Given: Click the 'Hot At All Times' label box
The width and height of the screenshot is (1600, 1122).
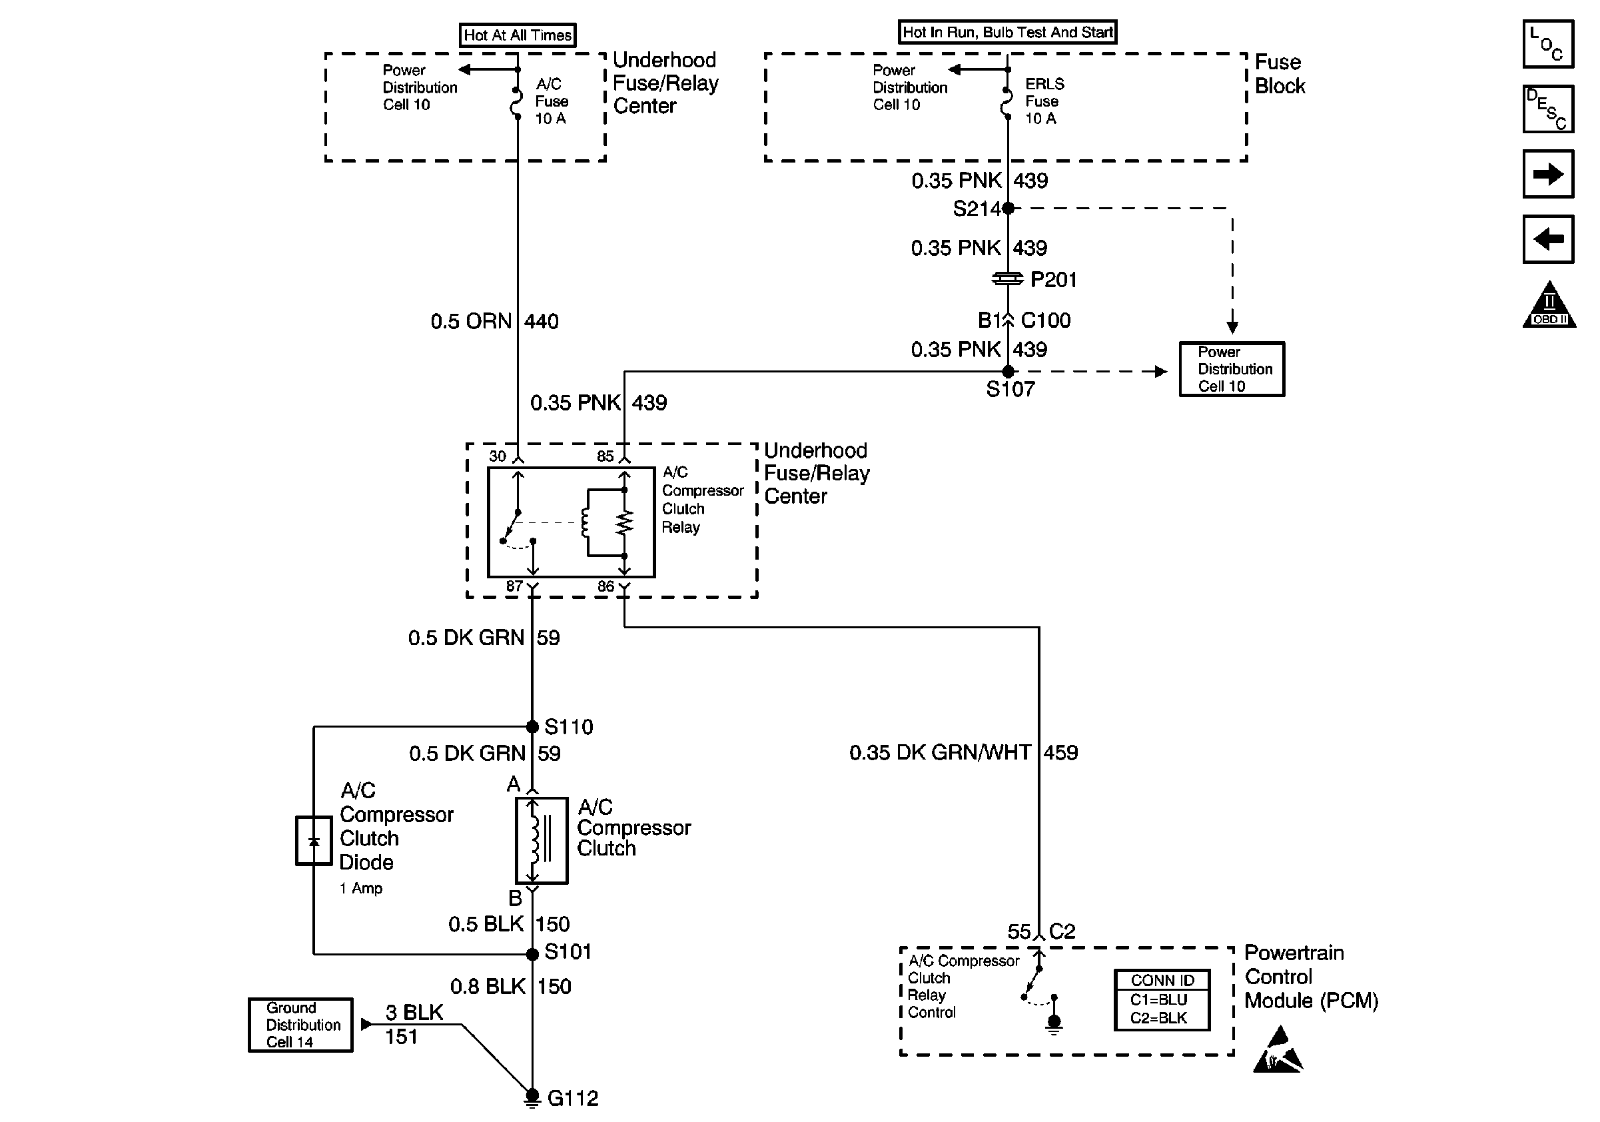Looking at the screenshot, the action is coord(518,35).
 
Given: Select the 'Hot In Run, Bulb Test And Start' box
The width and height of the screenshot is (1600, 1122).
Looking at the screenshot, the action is coord(1008,32).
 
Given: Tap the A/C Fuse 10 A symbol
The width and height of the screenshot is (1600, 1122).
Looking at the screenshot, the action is coord(517,103).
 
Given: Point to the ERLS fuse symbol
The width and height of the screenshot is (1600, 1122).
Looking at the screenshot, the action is coord(1007,103).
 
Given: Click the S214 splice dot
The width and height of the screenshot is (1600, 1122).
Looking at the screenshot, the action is coord(1008,208).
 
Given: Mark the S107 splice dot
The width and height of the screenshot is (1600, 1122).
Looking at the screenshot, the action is coord(1008,371).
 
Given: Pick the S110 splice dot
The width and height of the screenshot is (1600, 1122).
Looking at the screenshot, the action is coord(532,727).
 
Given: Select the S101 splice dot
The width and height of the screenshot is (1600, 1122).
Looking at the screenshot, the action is coord(532,954).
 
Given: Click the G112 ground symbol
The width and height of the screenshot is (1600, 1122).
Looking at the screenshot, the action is coord(532,1098).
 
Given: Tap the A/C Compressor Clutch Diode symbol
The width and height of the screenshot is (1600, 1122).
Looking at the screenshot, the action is coord(314,840).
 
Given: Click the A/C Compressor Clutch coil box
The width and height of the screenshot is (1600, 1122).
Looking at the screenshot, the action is coord(542,840).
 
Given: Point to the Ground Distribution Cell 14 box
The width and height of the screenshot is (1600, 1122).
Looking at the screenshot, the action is coord(300,1025).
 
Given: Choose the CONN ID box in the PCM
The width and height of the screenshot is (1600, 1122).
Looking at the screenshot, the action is coord(1162,999).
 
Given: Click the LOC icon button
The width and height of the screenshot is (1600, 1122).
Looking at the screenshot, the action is coord(1548,44).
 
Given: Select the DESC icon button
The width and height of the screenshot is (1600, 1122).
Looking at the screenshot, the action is coord(1548,109).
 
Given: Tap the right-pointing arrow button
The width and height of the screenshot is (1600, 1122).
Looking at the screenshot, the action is coord(1548,173).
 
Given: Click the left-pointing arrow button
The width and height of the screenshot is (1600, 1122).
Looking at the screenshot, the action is coord(1548,239).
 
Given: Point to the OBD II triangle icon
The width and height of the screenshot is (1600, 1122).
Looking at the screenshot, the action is coord(1549,304).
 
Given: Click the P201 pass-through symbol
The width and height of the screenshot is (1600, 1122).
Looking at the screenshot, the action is coord(1008,279).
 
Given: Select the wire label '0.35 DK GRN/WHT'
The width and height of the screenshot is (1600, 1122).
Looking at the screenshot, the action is coord(939,753).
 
